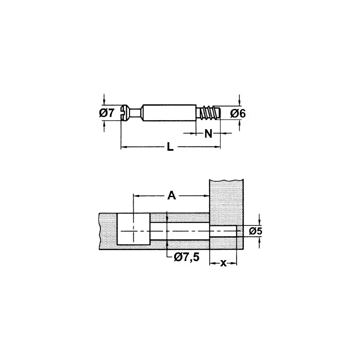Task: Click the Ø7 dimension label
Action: (107, 113)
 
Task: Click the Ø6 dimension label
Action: (238, 113)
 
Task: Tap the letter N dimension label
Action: (208, 133)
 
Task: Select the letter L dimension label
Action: (170, 147)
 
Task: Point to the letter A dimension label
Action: (171, 195)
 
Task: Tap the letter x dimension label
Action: (223, 263)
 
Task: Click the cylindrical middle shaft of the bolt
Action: (169, 112)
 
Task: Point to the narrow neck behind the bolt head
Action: (135, 112)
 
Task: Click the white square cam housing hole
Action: (133, 229)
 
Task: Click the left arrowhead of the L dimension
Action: (123, 147)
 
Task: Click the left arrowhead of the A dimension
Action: (136, 195)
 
